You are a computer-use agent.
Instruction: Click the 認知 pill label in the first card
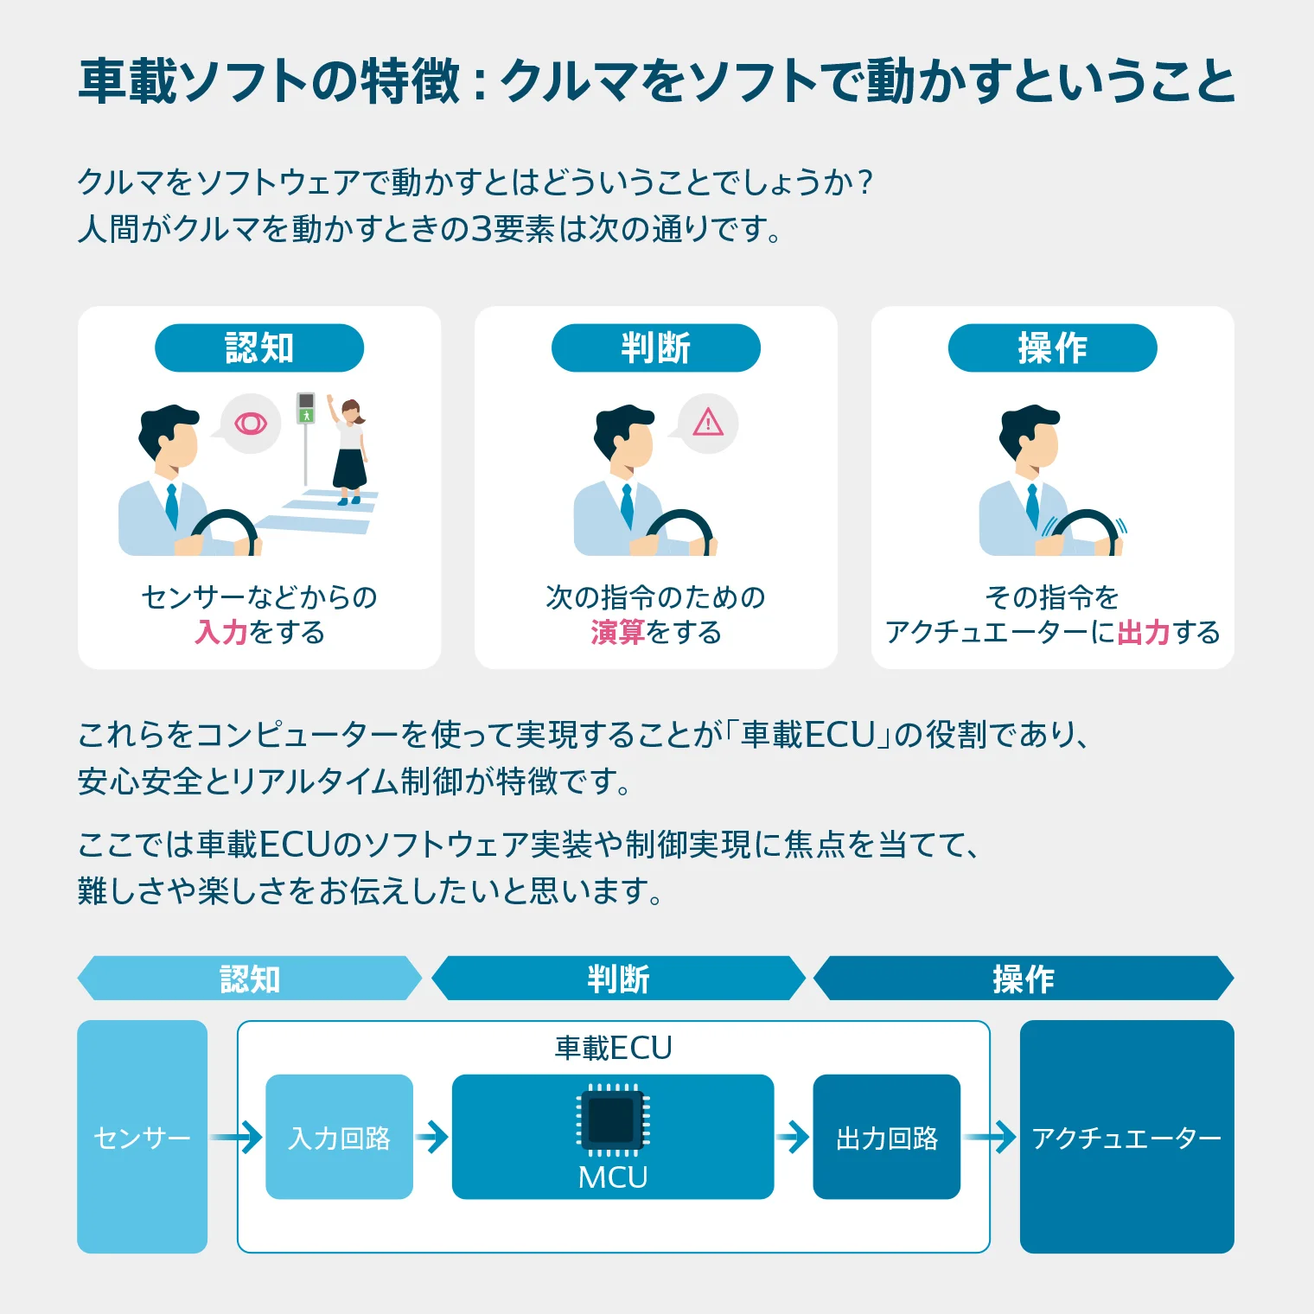(259, 348)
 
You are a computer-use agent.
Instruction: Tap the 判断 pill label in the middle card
(655, 348)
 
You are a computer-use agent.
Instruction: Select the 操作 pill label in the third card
(1052, 348)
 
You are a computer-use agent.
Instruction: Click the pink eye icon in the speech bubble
(251, 423)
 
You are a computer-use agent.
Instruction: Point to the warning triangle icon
(708, 422)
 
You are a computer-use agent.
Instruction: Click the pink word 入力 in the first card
(221, 633)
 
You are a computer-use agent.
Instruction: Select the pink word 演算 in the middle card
(617, 633)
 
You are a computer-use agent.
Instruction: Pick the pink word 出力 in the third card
(1143, 633)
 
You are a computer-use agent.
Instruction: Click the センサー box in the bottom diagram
(142, 1137)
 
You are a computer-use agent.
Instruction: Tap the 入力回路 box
(339, 1137)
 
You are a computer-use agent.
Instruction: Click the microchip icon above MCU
(613, 1119)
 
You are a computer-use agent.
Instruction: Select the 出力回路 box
(886, 1137)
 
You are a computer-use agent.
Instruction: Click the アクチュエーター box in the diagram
(1126, 1137)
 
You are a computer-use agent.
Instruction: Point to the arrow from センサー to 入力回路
(236, 1137)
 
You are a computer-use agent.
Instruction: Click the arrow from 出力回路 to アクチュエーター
(991, 1137)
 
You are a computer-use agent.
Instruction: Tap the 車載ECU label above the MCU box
(613, 1048)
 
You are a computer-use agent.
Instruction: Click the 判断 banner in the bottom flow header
(618, 979)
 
